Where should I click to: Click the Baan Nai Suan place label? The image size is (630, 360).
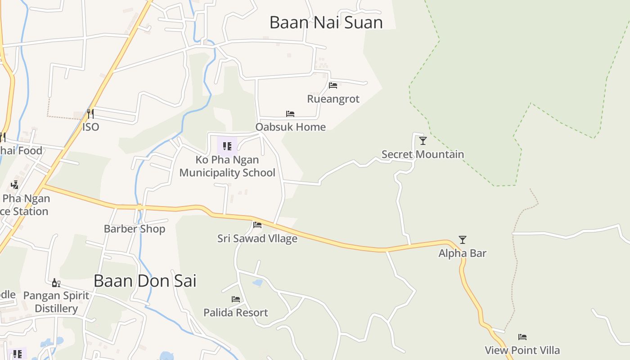pos(326,22)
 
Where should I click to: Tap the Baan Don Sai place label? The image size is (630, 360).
pos(145,281)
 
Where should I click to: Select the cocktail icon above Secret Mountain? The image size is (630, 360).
pos(423,141)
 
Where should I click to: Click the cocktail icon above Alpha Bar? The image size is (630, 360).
pos(463,240)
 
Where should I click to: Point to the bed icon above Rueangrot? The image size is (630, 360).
pos(333,85)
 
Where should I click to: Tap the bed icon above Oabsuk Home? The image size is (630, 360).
pos(290,114)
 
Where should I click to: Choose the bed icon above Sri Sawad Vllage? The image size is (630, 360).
pos(257,225)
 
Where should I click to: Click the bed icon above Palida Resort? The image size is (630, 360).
pos(236,299)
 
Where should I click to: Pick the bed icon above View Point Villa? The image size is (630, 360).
pos(522,337)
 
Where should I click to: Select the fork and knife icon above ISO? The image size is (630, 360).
pos(90,113)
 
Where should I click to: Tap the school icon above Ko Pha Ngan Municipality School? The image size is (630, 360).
pos(227,146)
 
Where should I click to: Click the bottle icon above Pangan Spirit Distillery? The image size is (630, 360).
pos(56,283)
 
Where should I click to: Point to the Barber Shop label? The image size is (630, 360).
pos(135,229)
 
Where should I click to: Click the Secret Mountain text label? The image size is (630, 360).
pos(423,154)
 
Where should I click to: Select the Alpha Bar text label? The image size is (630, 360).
pos(463,253)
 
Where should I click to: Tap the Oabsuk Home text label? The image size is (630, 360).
pos(290,127)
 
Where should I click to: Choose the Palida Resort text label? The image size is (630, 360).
pos(236,312)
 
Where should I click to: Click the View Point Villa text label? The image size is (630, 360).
pos(522,350)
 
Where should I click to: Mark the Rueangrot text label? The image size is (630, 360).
pos(333,99)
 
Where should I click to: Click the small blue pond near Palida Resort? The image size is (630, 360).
pos(257,283)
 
